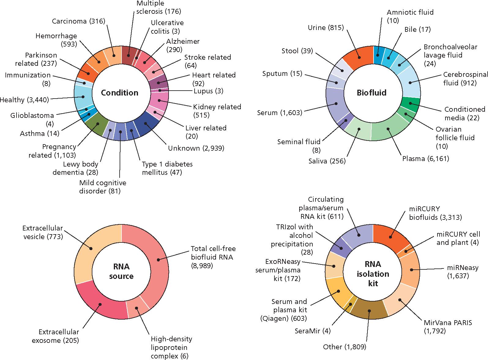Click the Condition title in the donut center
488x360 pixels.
[x=119, y=93]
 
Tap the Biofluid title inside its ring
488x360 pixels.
[x=371, y=92]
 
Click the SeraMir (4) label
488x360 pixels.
[x=312, y=331]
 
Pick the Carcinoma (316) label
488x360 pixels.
[x=78, y=21]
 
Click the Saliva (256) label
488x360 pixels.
[x=327, y=161]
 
